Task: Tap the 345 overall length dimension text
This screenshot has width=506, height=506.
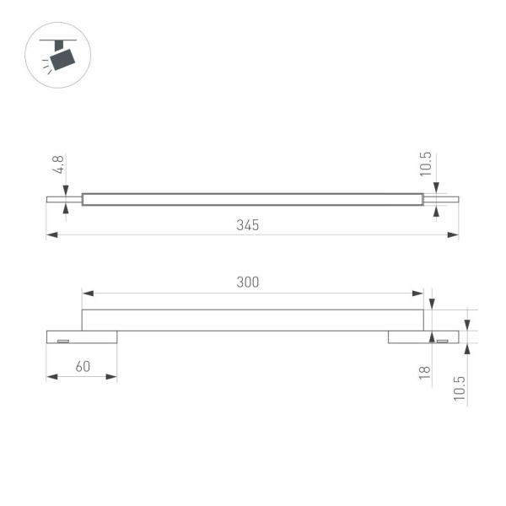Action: click(247, 225)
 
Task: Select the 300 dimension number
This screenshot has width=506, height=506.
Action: click(247, 282)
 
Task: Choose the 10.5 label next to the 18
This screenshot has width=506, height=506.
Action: click(460, 389)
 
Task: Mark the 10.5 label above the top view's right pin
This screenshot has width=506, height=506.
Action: click(425, 164)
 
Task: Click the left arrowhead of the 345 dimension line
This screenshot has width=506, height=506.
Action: click(51, 234)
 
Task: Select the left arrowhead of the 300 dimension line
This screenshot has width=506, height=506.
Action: click(86, 293)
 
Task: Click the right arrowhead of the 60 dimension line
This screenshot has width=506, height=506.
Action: click(112, 376)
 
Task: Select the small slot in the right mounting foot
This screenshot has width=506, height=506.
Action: click(441, 340)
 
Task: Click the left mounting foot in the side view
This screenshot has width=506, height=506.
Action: click(81, 337)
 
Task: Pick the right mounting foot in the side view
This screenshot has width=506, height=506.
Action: click(423, 337)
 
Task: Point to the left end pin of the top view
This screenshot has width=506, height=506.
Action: click(63, 200)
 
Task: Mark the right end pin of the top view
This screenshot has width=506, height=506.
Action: click(440, 200)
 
